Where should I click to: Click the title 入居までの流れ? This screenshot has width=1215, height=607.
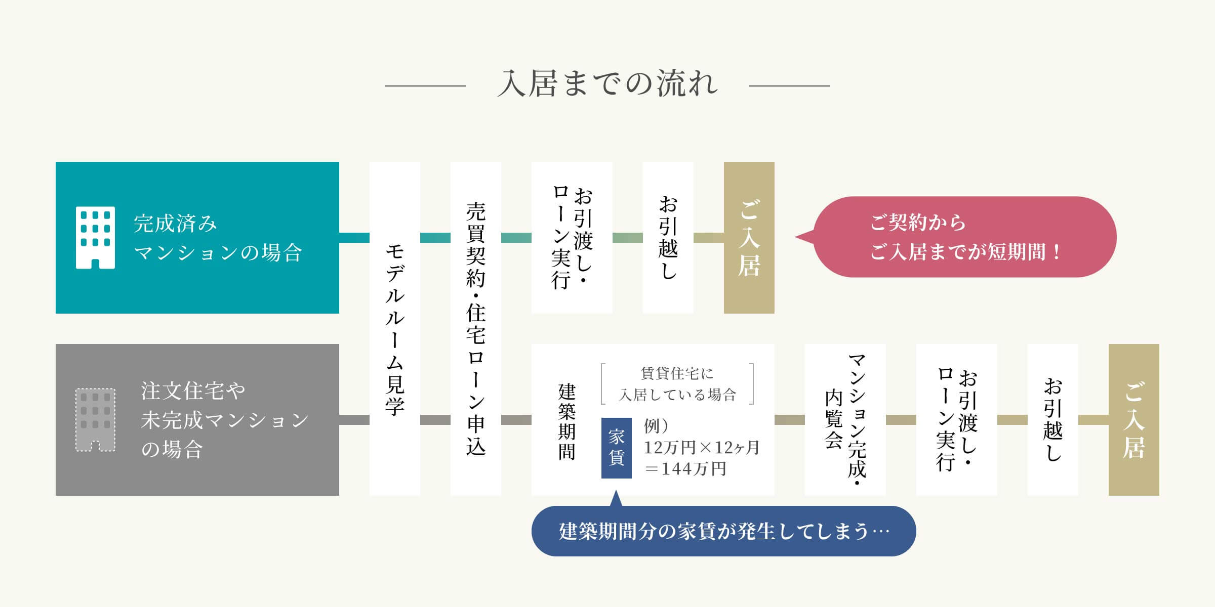coord(607,84)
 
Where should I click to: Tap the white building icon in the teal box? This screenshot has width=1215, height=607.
coord(95,238)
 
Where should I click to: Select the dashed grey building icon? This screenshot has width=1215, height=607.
coord(95,420)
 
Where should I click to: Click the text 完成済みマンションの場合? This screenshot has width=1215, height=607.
coord(218,238)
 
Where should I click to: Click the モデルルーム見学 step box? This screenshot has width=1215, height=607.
coord(395,329)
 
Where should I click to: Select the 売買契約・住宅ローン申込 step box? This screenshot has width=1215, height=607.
coord(476,329)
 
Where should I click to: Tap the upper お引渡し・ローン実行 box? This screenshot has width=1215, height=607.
coord(572,238)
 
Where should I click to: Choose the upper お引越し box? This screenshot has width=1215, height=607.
coord(668,238)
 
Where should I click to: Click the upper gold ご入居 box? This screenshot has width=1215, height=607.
coord(749,238)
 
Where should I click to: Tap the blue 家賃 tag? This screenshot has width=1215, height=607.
coord(616,448)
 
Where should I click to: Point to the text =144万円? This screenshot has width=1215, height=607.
coord(685,469)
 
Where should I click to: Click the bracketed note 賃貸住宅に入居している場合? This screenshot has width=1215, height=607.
coord(677,384)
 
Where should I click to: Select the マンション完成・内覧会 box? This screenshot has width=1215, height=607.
coord(845,420)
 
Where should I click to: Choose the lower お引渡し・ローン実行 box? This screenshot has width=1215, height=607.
coord(956,420)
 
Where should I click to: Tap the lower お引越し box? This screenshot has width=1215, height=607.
coord(1052,420)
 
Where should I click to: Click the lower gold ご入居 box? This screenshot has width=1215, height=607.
coord(1133,420)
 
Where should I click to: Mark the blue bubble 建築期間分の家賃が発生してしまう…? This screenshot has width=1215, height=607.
coord(723,531)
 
